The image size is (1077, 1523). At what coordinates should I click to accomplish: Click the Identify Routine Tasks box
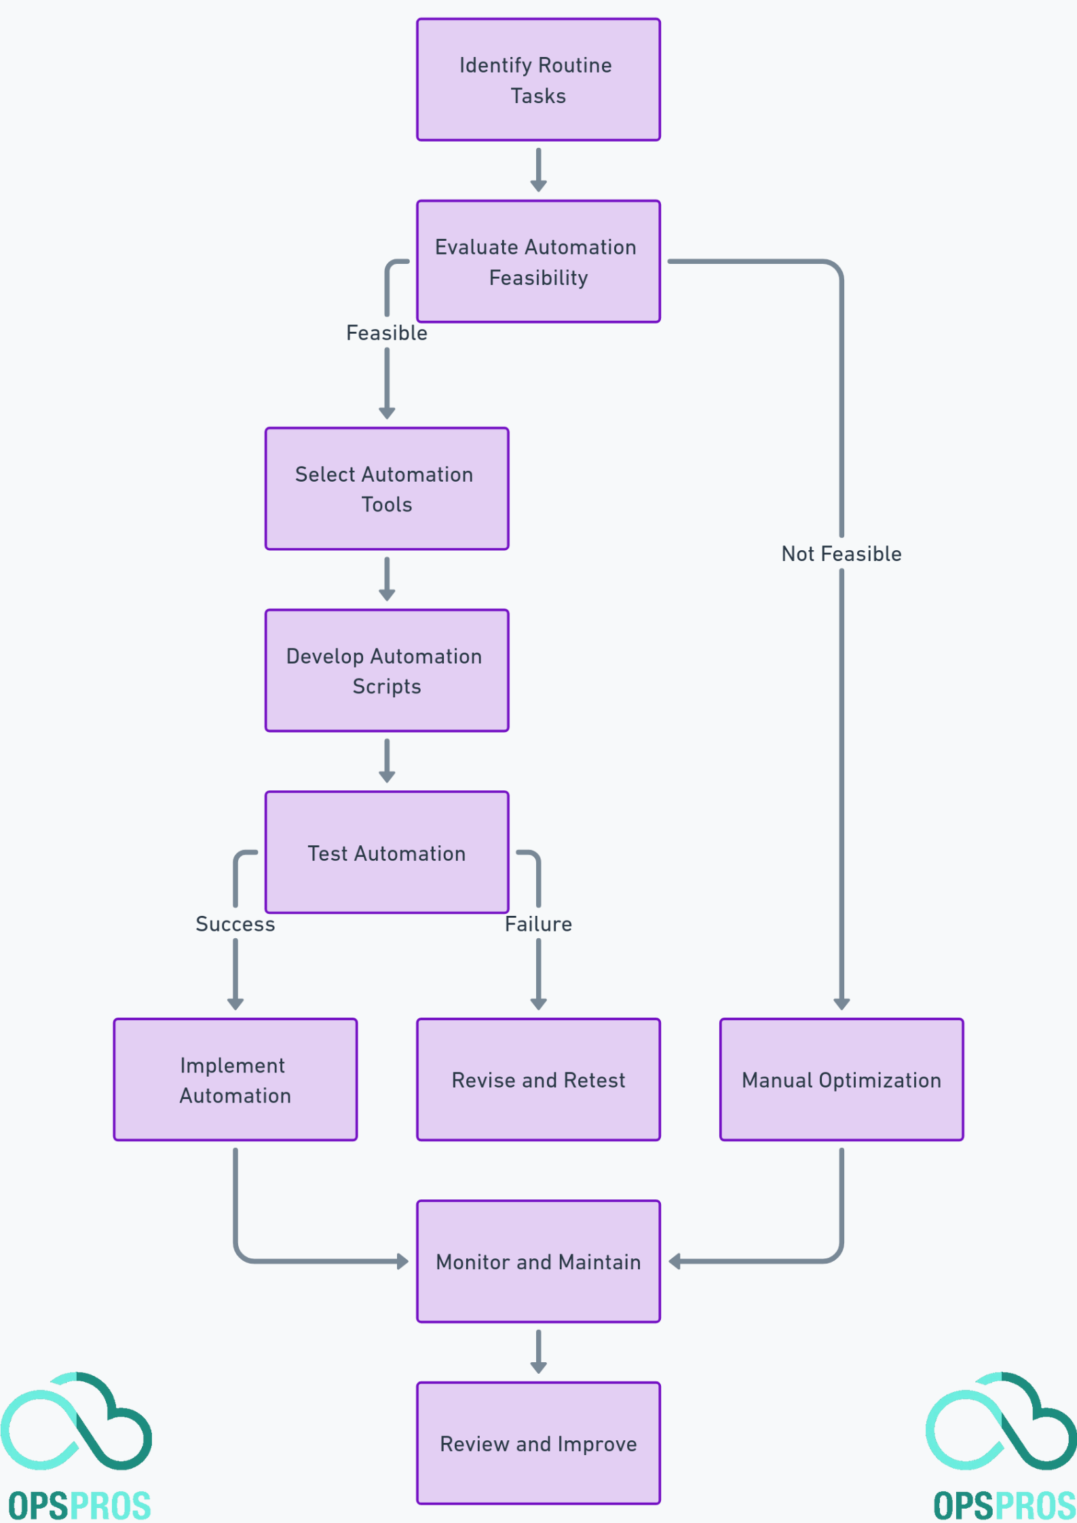pyautogui.click(x=538, y=80)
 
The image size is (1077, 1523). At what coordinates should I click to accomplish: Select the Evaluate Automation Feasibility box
pyautogui.click(x=538, y=262)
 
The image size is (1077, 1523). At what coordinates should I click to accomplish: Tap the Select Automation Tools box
pyautogui.click(x=387, y=489)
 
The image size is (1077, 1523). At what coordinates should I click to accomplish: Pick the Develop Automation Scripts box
pyautogui.click(x=387, y=671)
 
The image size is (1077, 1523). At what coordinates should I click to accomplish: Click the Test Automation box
pyautogui.click(x=387, y=853)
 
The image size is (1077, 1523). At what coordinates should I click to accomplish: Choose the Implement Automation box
pyautogui.click(x=235, y=1080)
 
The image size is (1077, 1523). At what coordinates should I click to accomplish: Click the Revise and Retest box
pyautogui.click(x=538, y=1080)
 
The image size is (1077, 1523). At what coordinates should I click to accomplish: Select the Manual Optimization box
pyautogui.click(x=842, y=1080)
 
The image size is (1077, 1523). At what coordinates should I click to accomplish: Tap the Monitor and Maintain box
pyautogui.click(x=538, y=1262)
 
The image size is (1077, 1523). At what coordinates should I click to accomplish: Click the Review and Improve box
pyautogui.click(x=538, y=1444)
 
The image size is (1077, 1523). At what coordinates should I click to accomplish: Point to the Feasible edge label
pyautogui.click(x=387, y=333)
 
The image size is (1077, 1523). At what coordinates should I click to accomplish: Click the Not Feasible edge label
pyautogui.click(x=842, y=554)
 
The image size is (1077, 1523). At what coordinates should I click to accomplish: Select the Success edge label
pyautogui.click(x=235, y=924)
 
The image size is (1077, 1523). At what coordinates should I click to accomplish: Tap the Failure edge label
pyautogui.click(x=538, y=924)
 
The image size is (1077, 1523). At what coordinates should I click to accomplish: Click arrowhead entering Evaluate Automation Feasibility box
pyautogui.click(x=538, y=187)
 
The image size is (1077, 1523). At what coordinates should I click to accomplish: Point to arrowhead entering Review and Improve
pyautogui.click(x=538, y=1368)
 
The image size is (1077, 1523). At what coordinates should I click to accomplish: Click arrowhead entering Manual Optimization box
pyautogui.click(x=842, y=1005)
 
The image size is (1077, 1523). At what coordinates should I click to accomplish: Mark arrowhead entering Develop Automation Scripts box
pyautogui.click(x=387, y=596)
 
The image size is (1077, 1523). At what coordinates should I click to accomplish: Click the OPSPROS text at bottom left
pyautogui.click(x=79, y=1506)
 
